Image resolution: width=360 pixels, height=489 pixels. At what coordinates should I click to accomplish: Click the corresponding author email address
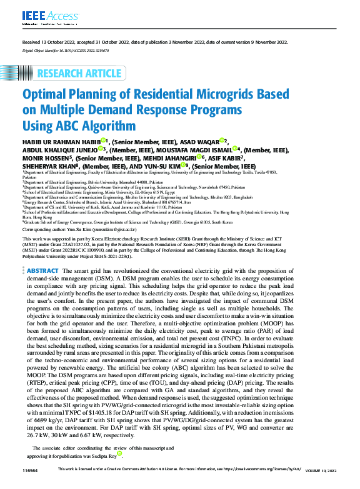click(118, 229)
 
